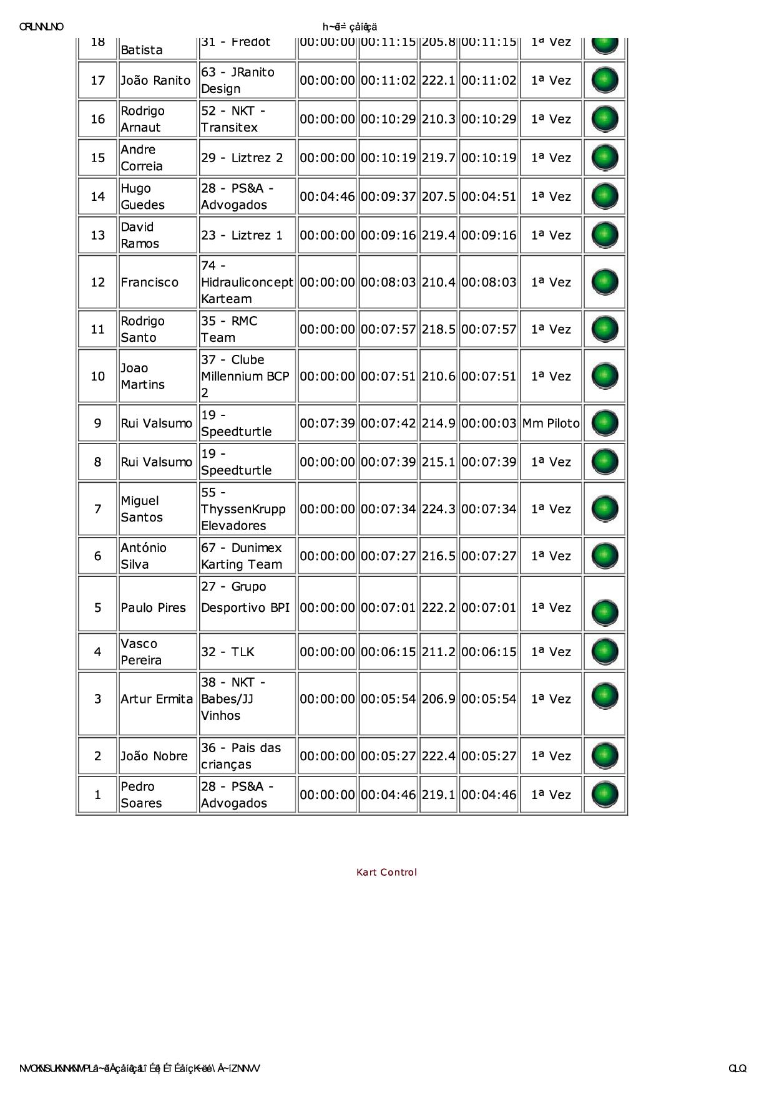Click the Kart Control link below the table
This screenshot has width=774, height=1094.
pyautogui.click(x=386, y=872)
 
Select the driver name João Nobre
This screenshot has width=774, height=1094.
pyautogui.click(x=154, y=756)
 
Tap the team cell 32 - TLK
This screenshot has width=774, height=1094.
pyautogui.click(x=228, y=652)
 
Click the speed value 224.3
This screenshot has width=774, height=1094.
pyautogui.click(x=438, y=509)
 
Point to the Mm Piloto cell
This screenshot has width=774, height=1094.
pyautogui.click(x=551, y=424)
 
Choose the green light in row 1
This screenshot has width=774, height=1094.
pyautogui.click(x=604, y=795)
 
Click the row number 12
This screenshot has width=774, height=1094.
pyautogui.click(x=98, y=282)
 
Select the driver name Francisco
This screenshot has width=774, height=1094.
pyautogui.click(x=150, y=282)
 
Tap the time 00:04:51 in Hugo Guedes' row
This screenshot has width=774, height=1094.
pyautogui.click(x=489, y=196)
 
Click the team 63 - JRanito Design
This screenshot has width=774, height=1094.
pyautogui.click(x=238, y=80)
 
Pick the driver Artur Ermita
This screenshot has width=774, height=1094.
pyautogui.click(x=157, y=699)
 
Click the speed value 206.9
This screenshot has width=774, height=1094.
pyautogui.click(x=438, y=699)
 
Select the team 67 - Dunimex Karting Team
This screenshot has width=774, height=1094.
pyautogui.click(x=242, y=556)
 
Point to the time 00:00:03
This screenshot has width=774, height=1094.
pyautogui.click(x=489, y=424)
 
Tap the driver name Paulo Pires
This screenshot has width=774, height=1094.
pyautogui.click(x=154, y=608)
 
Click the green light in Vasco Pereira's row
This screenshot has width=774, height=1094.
pyautogui.click(x=604, y=652)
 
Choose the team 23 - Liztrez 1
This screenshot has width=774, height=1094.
pyautogui.click(x=242, y=235)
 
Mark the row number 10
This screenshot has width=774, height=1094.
pyautogui.click(x=98, y=376)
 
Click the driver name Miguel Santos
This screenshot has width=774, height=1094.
pyautogui.click(x=142, y=509)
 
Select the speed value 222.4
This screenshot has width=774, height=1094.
pyautogui.click(x=438, y=756)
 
